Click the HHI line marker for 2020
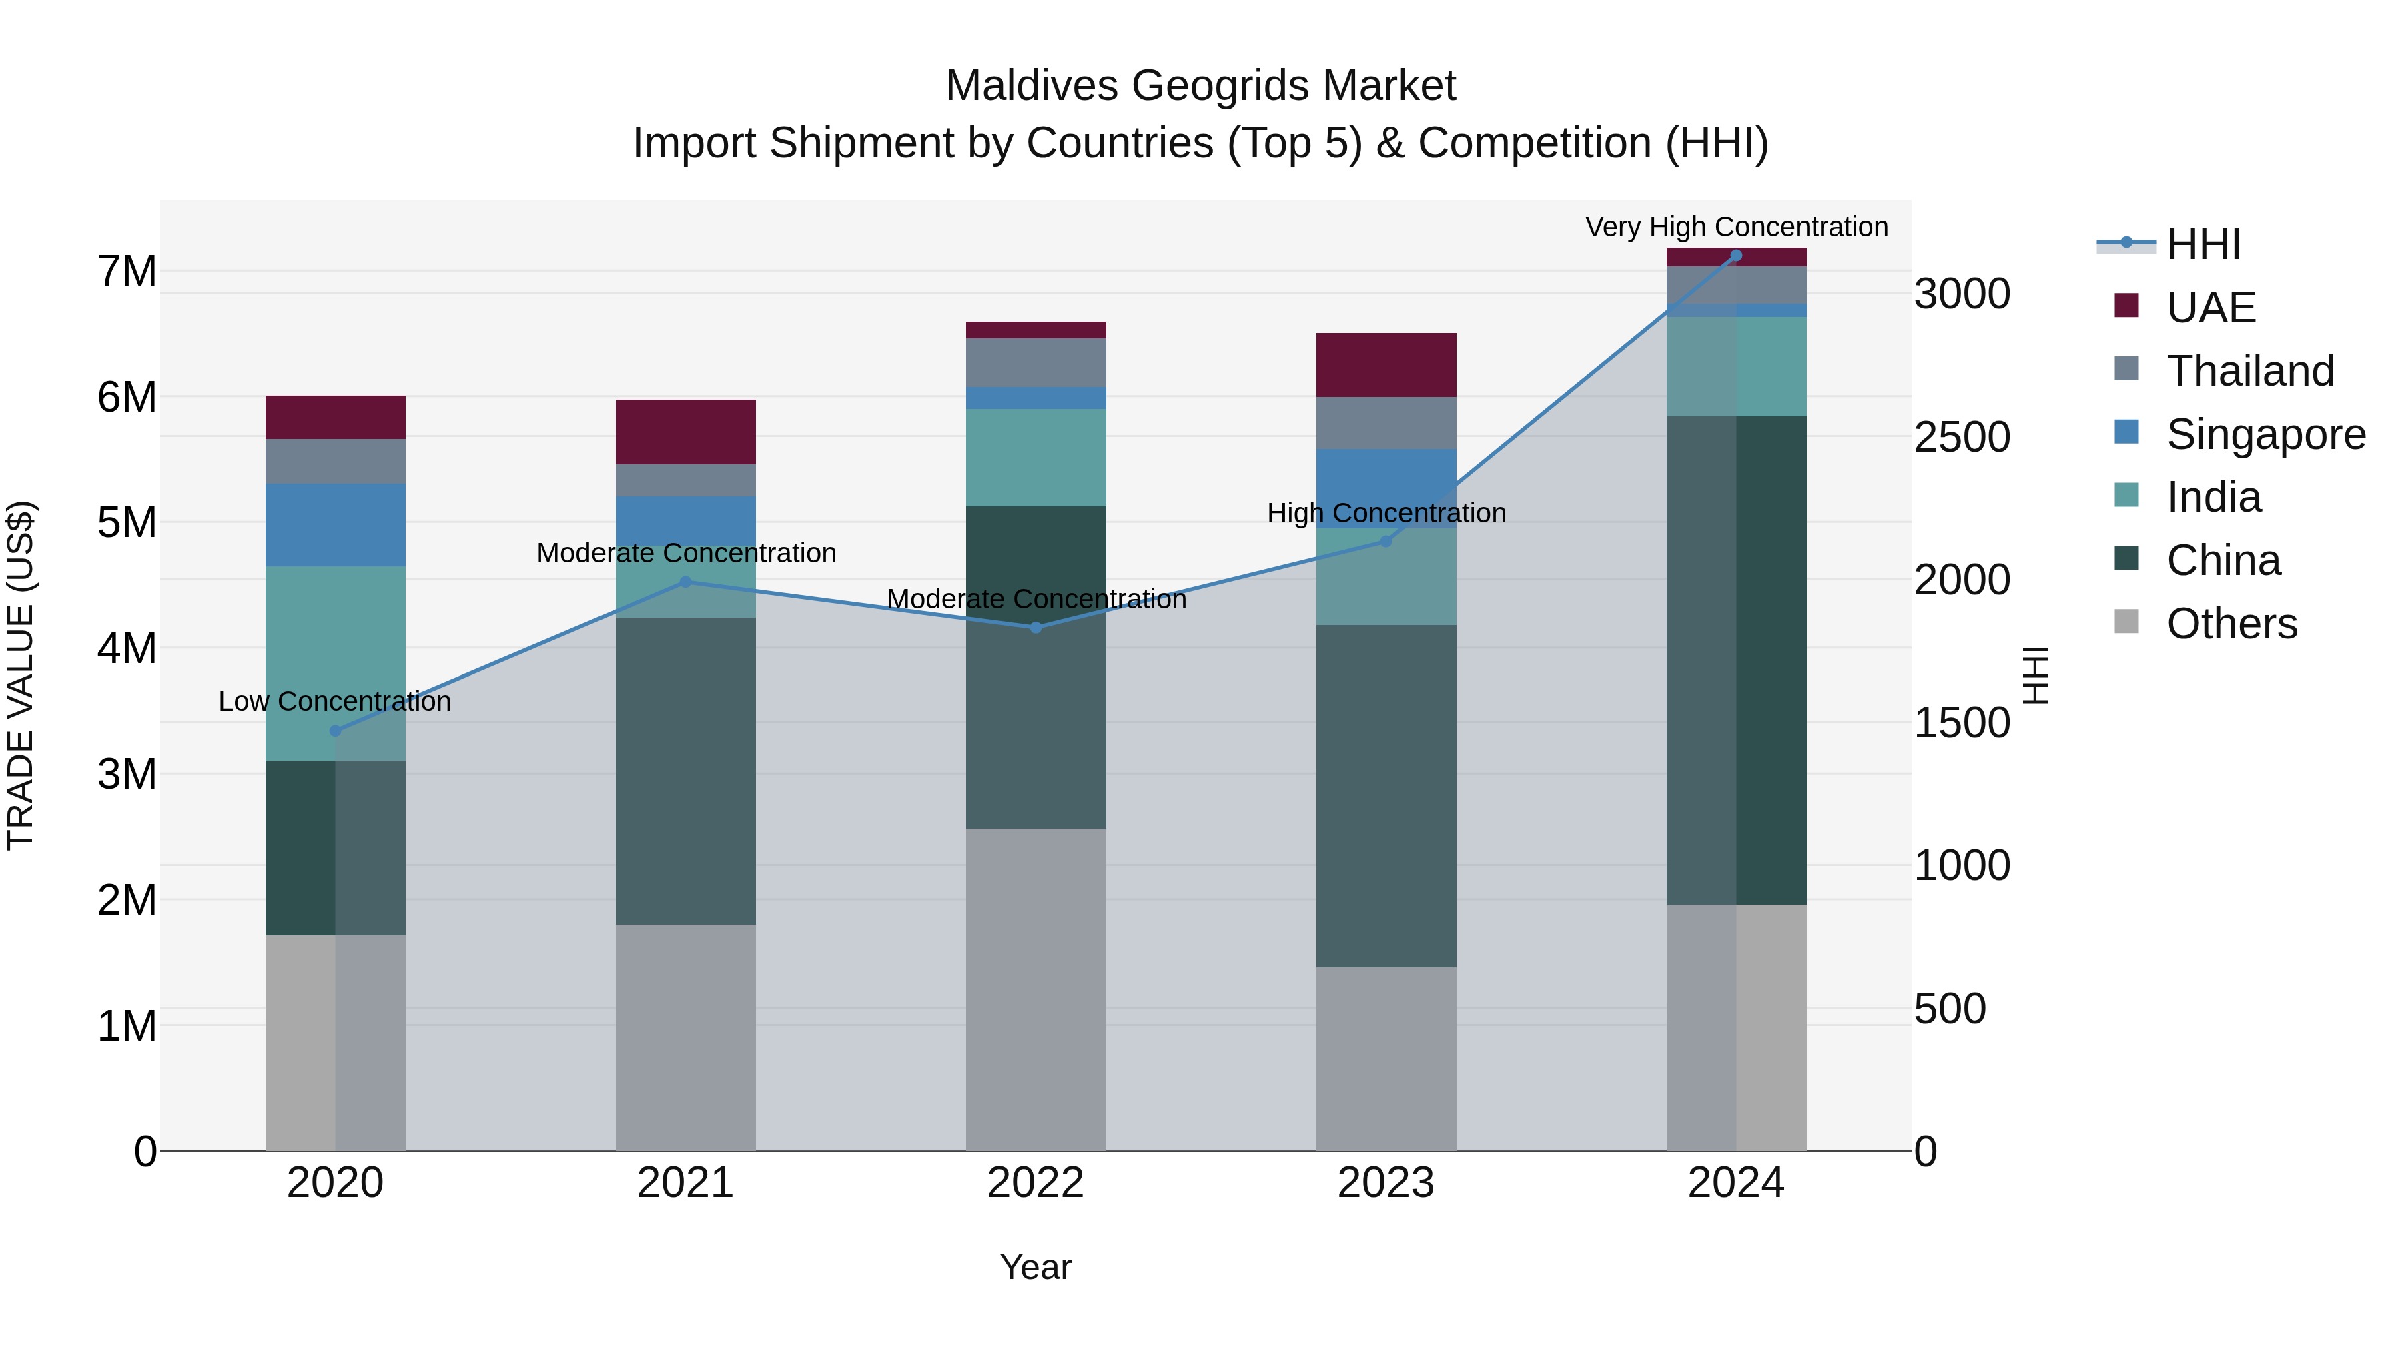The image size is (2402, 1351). [336, 731]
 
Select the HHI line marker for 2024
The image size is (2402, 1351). [1736, 256]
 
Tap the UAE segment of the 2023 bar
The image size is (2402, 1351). [1386, 364]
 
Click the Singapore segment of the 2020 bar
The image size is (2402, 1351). [336, 525]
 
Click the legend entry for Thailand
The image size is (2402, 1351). [2249, 371]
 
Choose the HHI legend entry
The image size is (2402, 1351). [2203, 244]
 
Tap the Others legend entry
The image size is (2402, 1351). [2231, 624]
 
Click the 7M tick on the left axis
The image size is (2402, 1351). [127, 272]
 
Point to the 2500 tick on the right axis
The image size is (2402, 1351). [1962, 437]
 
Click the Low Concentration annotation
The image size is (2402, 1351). [335, 701]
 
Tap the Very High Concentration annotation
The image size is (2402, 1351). [1736, 227]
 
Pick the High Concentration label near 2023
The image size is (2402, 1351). [1386, 513]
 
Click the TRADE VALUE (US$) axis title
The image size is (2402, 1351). [21, 675]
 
